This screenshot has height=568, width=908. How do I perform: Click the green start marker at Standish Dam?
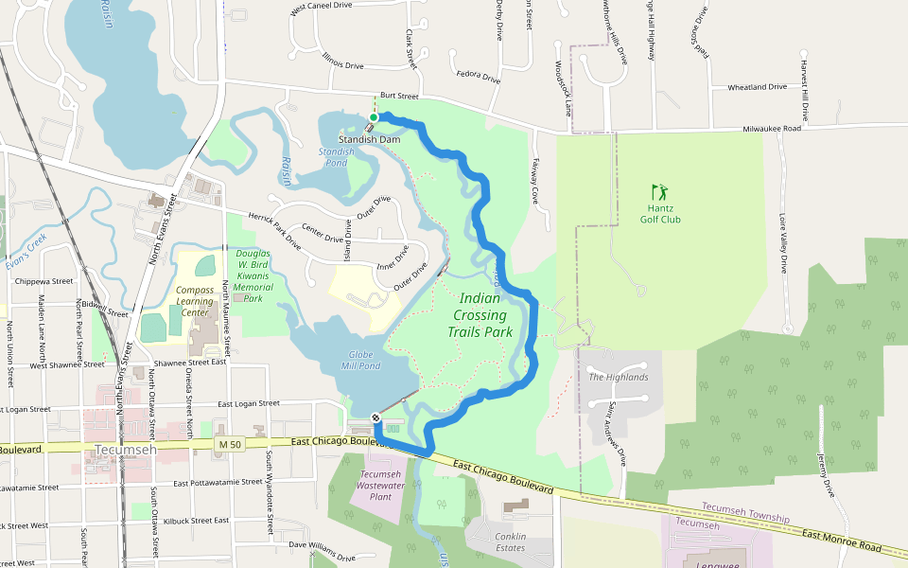click(x=374, y=117)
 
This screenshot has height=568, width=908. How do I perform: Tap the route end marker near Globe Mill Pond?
click(x=376, y=417)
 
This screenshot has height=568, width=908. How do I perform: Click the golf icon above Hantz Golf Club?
click(x=658, y=192)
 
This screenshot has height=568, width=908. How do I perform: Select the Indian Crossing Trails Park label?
click(x=480, y=315)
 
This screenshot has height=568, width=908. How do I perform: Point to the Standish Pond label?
click(x=336, y=156)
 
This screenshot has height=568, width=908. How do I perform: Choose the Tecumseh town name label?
click(x=125, y=450)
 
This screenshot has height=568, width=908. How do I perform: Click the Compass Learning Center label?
click(x=194, y=301)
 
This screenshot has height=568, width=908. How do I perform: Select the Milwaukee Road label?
click(x=772, y=129)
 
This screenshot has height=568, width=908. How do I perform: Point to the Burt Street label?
click(x=398, y=96)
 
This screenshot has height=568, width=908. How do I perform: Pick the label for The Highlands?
click(x=619, y=377)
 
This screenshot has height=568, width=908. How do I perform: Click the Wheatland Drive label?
click(x=757, y=87)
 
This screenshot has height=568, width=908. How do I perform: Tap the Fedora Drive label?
click(x=478, y=77)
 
